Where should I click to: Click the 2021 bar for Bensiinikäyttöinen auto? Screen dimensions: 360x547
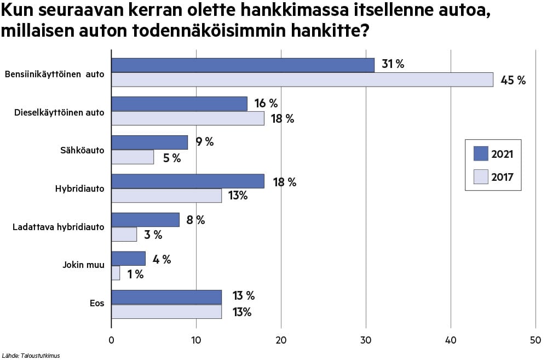(x=243, y=65)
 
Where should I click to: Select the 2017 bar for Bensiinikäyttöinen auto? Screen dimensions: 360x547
(x=302, y=79)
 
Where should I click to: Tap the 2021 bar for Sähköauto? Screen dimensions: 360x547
(x=149, y=142)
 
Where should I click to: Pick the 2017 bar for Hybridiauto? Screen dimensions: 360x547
(x=166, y=196)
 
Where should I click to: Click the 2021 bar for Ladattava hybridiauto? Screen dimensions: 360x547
(x=145, y=220)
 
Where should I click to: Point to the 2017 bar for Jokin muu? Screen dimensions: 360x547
(x=116, y=273)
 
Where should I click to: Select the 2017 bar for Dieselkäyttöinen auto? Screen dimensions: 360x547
(x=188, y=118)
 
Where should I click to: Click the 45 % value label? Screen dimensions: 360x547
(x=513, y=81)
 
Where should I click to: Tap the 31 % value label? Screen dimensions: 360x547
(x=393, y=64)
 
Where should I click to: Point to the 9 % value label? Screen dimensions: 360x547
(x=205, y=142)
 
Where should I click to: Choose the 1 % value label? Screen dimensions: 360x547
(x=135, y=274)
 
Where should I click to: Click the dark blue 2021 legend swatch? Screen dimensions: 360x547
(x=480, y=154)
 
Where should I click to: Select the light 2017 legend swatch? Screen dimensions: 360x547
(x=480, y=176)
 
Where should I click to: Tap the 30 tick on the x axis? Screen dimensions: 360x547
(x=366, y=340)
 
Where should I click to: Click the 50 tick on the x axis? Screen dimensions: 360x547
(x=536, y=340)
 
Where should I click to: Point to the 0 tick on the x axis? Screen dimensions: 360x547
(x=111, y=340)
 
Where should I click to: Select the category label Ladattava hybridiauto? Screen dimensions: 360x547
(x=59, y=226)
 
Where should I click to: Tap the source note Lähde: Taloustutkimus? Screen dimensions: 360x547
(x=31, y=355)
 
